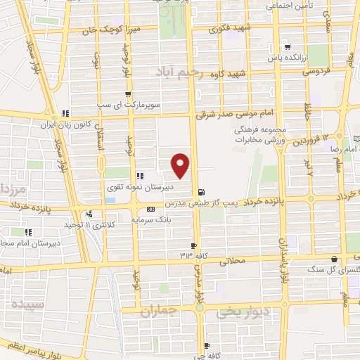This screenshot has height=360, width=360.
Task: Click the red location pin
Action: coord(181,166)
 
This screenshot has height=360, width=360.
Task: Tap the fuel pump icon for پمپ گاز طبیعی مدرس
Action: coord(202,191)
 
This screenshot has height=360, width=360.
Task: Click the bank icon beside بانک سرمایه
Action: coord(151,210)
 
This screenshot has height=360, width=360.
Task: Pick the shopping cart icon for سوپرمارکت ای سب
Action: coord(127,94)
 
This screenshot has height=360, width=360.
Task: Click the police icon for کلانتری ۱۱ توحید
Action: coord(89,215)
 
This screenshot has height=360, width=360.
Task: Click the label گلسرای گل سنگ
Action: coord(325,269)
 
